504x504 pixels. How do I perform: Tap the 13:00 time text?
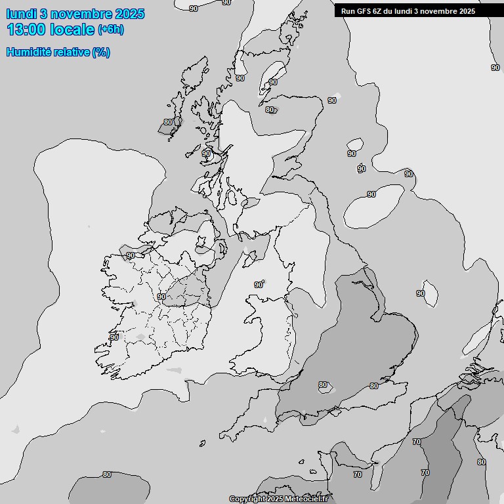pyautogui.click(x=27, y=29)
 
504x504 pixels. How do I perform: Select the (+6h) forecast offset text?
pyautogui.click(x=110, y=29)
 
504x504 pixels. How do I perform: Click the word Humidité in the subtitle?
pyautogui.click(x=32, y=52)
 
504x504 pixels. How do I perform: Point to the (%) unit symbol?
pyautogui.click(x=101, y=52)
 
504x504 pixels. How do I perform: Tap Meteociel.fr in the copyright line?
pyautogui.click(x=303, y=499)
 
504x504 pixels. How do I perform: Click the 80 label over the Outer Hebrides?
pyautogui.click(x=168, y=122)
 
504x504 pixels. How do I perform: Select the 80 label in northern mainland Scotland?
pyautogui.click(x=270, y=110)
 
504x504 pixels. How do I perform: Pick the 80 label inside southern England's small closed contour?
pyautogui.click(x=323, y=385)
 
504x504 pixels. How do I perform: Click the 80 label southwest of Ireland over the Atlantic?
pyautogui.click(x=107, y=474)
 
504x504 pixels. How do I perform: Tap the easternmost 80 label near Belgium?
pyautogui.click(x=482, y=462)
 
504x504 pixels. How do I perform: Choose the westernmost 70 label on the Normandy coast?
pyautogui.click(x=358, y=474)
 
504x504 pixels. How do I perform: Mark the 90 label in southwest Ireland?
pyautogui.click(x=114, y=337)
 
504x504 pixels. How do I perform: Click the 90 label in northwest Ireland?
pyautogui.click(x=131, y=255)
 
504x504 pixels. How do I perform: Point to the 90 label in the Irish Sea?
pyautogui.click(x=259, y=285)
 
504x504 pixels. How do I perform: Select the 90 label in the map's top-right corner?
pyautogui.click(x=495, y=68)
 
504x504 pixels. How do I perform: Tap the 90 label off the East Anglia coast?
pyautogui.click(x=421, y=293)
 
